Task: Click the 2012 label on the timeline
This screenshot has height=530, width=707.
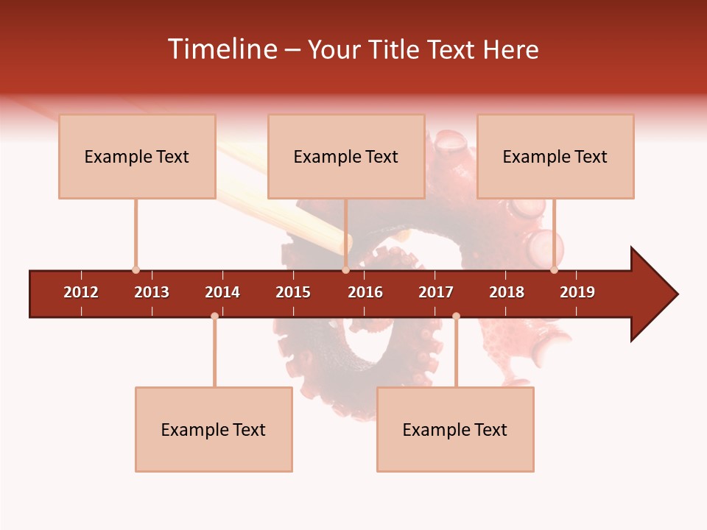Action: [x=81, y=292]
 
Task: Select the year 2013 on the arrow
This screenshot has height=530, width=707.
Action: [x=152, y=292]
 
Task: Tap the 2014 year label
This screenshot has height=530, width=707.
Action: [x=222, y=292]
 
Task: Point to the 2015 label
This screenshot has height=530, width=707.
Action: [x=293, y=292]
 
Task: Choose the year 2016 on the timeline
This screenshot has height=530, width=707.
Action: [x=365, y=292]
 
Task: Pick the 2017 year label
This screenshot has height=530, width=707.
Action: [x=436, y=292]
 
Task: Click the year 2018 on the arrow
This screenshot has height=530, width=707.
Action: [x=507, y=292]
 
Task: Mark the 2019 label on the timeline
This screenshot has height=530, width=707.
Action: [x=577, y=292]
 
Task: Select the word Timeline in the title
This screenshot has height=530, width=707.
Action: [x=221, y=49]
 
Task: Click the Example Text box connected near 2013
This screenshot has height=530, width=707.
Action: [x=137, y=156]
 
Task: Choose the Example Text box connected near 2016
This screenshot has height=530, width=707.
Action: [x=346, y=156]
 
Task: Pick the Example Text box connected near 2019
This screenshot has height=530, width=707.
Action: [x=555, y=156]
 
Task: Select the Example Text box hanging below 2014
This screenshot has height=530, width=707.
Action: [x=214, y=429]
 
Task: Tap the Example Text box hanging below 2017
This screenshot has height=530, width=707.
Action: [x=455, y=429]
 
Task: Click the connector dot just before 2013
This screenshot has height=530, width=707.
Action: [x=136, y=270]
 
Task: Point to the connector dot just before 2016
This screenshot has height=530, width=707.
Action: [x=345, y=270]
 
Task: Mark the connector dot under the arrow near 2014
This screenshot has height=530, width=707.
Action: [x=214, y=316]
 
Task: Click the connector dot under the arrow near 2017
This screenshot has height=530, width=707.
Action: [x=456, y=316]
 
